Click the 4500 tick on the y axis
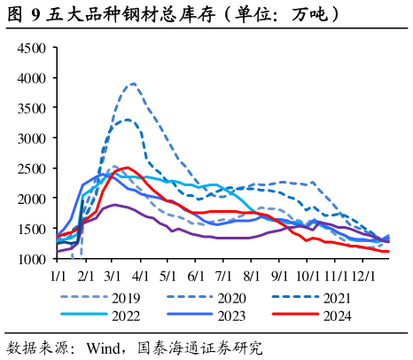[x=32, y=48]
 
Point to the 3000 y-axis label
[x=32, y=138]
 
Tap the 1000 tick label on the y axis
[x=32, y=259]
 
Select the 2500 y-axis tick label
[x=32, y=168]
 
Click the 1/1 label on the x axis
[x=58, y=276]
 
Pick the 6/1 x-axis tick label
[x=196, y=276]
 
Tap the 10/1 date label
[x=308, y=276]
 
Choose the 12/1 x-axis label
[x=363, y=276]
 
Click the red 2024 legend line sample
[x=295, y=314]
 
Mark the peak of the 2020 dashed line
[x=134, y=83]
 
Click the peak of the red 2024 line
[x=128, y=168]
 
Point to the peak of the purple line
[x=115, y=205]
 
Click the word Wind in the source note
[x=104, y=348]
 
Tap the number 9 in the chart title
[x=35, y=15]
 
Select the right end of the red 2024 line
[x=389, y=252]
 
